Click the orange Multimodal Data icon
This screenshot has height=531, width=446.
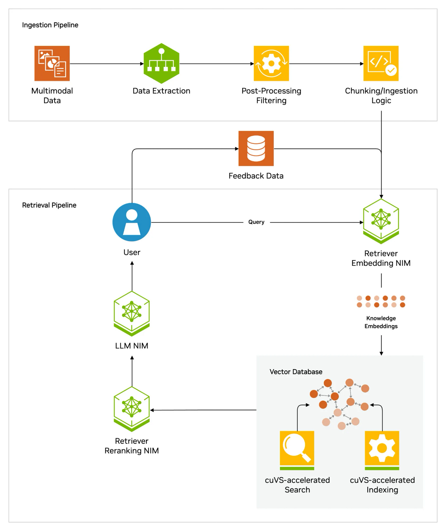coord(52,63)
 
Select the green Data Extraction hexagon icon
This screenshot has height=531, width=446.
coord(161,63)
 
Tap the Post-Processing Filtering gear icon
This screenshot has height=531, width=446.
coord(271,63)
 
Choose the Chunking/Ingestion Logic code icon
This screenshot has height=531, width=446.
coord(381,63)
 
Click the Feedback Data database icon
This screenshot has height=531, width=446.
coord(256,148)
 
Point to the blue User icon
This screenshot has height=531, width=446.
coord(132,222)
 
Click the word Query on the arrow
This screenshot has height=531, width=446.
coord(256,222)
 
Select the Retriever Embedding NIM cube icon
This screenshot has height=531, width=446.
coord(381,221)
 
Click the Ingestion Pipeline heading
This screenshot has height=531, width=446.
coord(50,25)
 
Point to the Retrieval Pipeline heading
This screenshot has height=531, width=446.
coord(49,205)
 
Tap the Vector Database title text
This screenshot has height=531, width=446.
coord(296,372)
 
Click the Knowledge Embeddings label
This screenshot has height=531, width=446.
coord(381,322)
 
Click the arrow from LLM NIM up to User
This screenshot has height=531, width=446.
coord(132,276)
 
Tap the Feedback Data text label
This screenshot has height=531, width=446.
coord(256,176)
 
